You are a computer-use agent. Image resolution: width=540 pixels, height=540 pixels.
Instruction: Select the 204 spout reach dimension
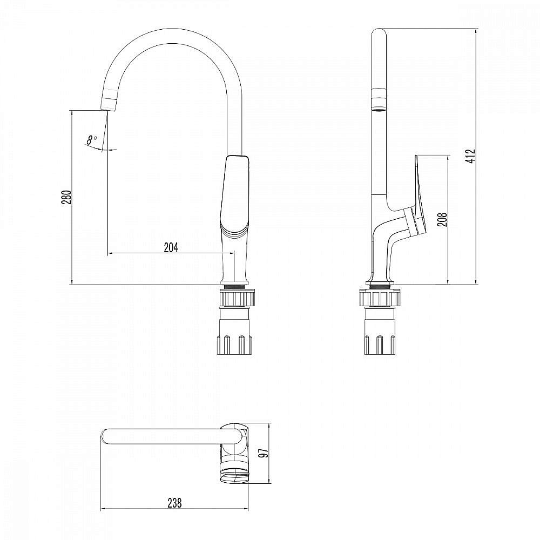(171, 247)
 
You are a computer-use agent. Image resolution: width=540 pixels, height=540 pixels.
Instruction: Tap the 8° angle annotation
(92, 140)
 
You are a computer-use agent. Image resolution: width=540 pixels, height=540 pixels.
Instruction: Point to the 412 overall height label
(470, 156)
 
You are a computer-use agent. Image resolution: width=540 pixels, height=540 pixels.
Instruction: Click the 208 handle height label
(442, 219)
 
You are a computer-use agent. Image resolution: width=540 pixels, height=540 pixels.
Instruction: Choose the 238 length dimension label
(174, 503)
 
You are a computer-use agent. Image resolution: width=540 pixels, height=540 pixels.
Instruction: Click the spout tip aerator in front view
(110, 103)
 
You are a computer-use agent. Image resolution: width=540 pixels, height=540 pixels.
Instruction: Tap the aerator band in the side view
(379, 99)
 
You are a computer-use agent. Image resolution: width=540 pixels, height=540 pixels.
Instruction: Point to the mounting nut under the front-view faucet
(235, 298)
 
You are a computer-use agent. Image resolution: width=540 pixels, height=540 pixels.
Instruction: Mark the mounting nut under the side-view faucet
(382, 298)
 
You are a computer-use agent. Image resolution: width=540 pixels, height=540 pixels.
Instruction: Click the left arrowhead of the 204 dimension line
(110, 253)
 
